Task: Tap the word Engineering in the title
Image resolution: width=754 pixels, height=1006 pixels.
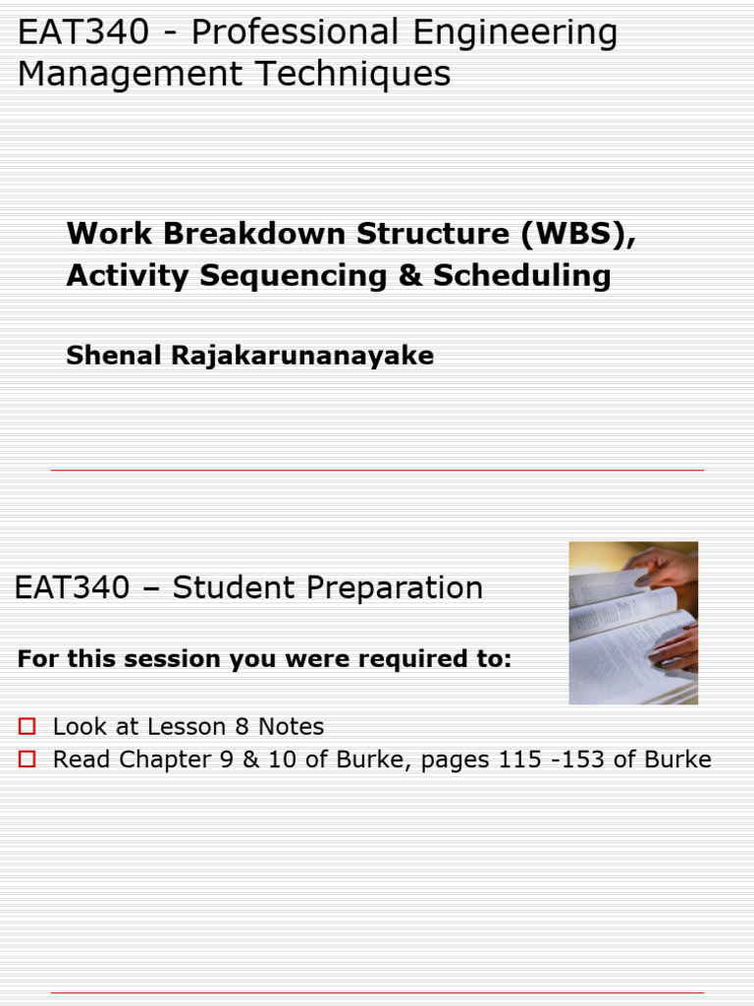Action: click(x=514, y=33)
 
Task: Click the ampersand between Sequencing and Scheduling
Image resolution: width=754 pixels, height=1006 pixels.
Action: click(x=409, y=276)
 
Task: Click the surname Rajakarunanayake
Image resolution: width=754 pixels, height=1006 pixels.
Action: click(x=302, y=356)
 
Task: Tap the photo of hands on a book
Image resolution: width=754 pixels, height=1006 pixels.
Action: click(x=633, y=623)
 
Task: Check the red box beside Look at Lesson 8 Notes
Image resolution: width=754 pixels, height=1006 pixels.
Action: click(x=27, y=727)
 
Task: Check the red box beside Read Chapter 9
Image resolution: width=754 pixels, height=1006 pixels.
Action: click(x=27, y=759)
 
